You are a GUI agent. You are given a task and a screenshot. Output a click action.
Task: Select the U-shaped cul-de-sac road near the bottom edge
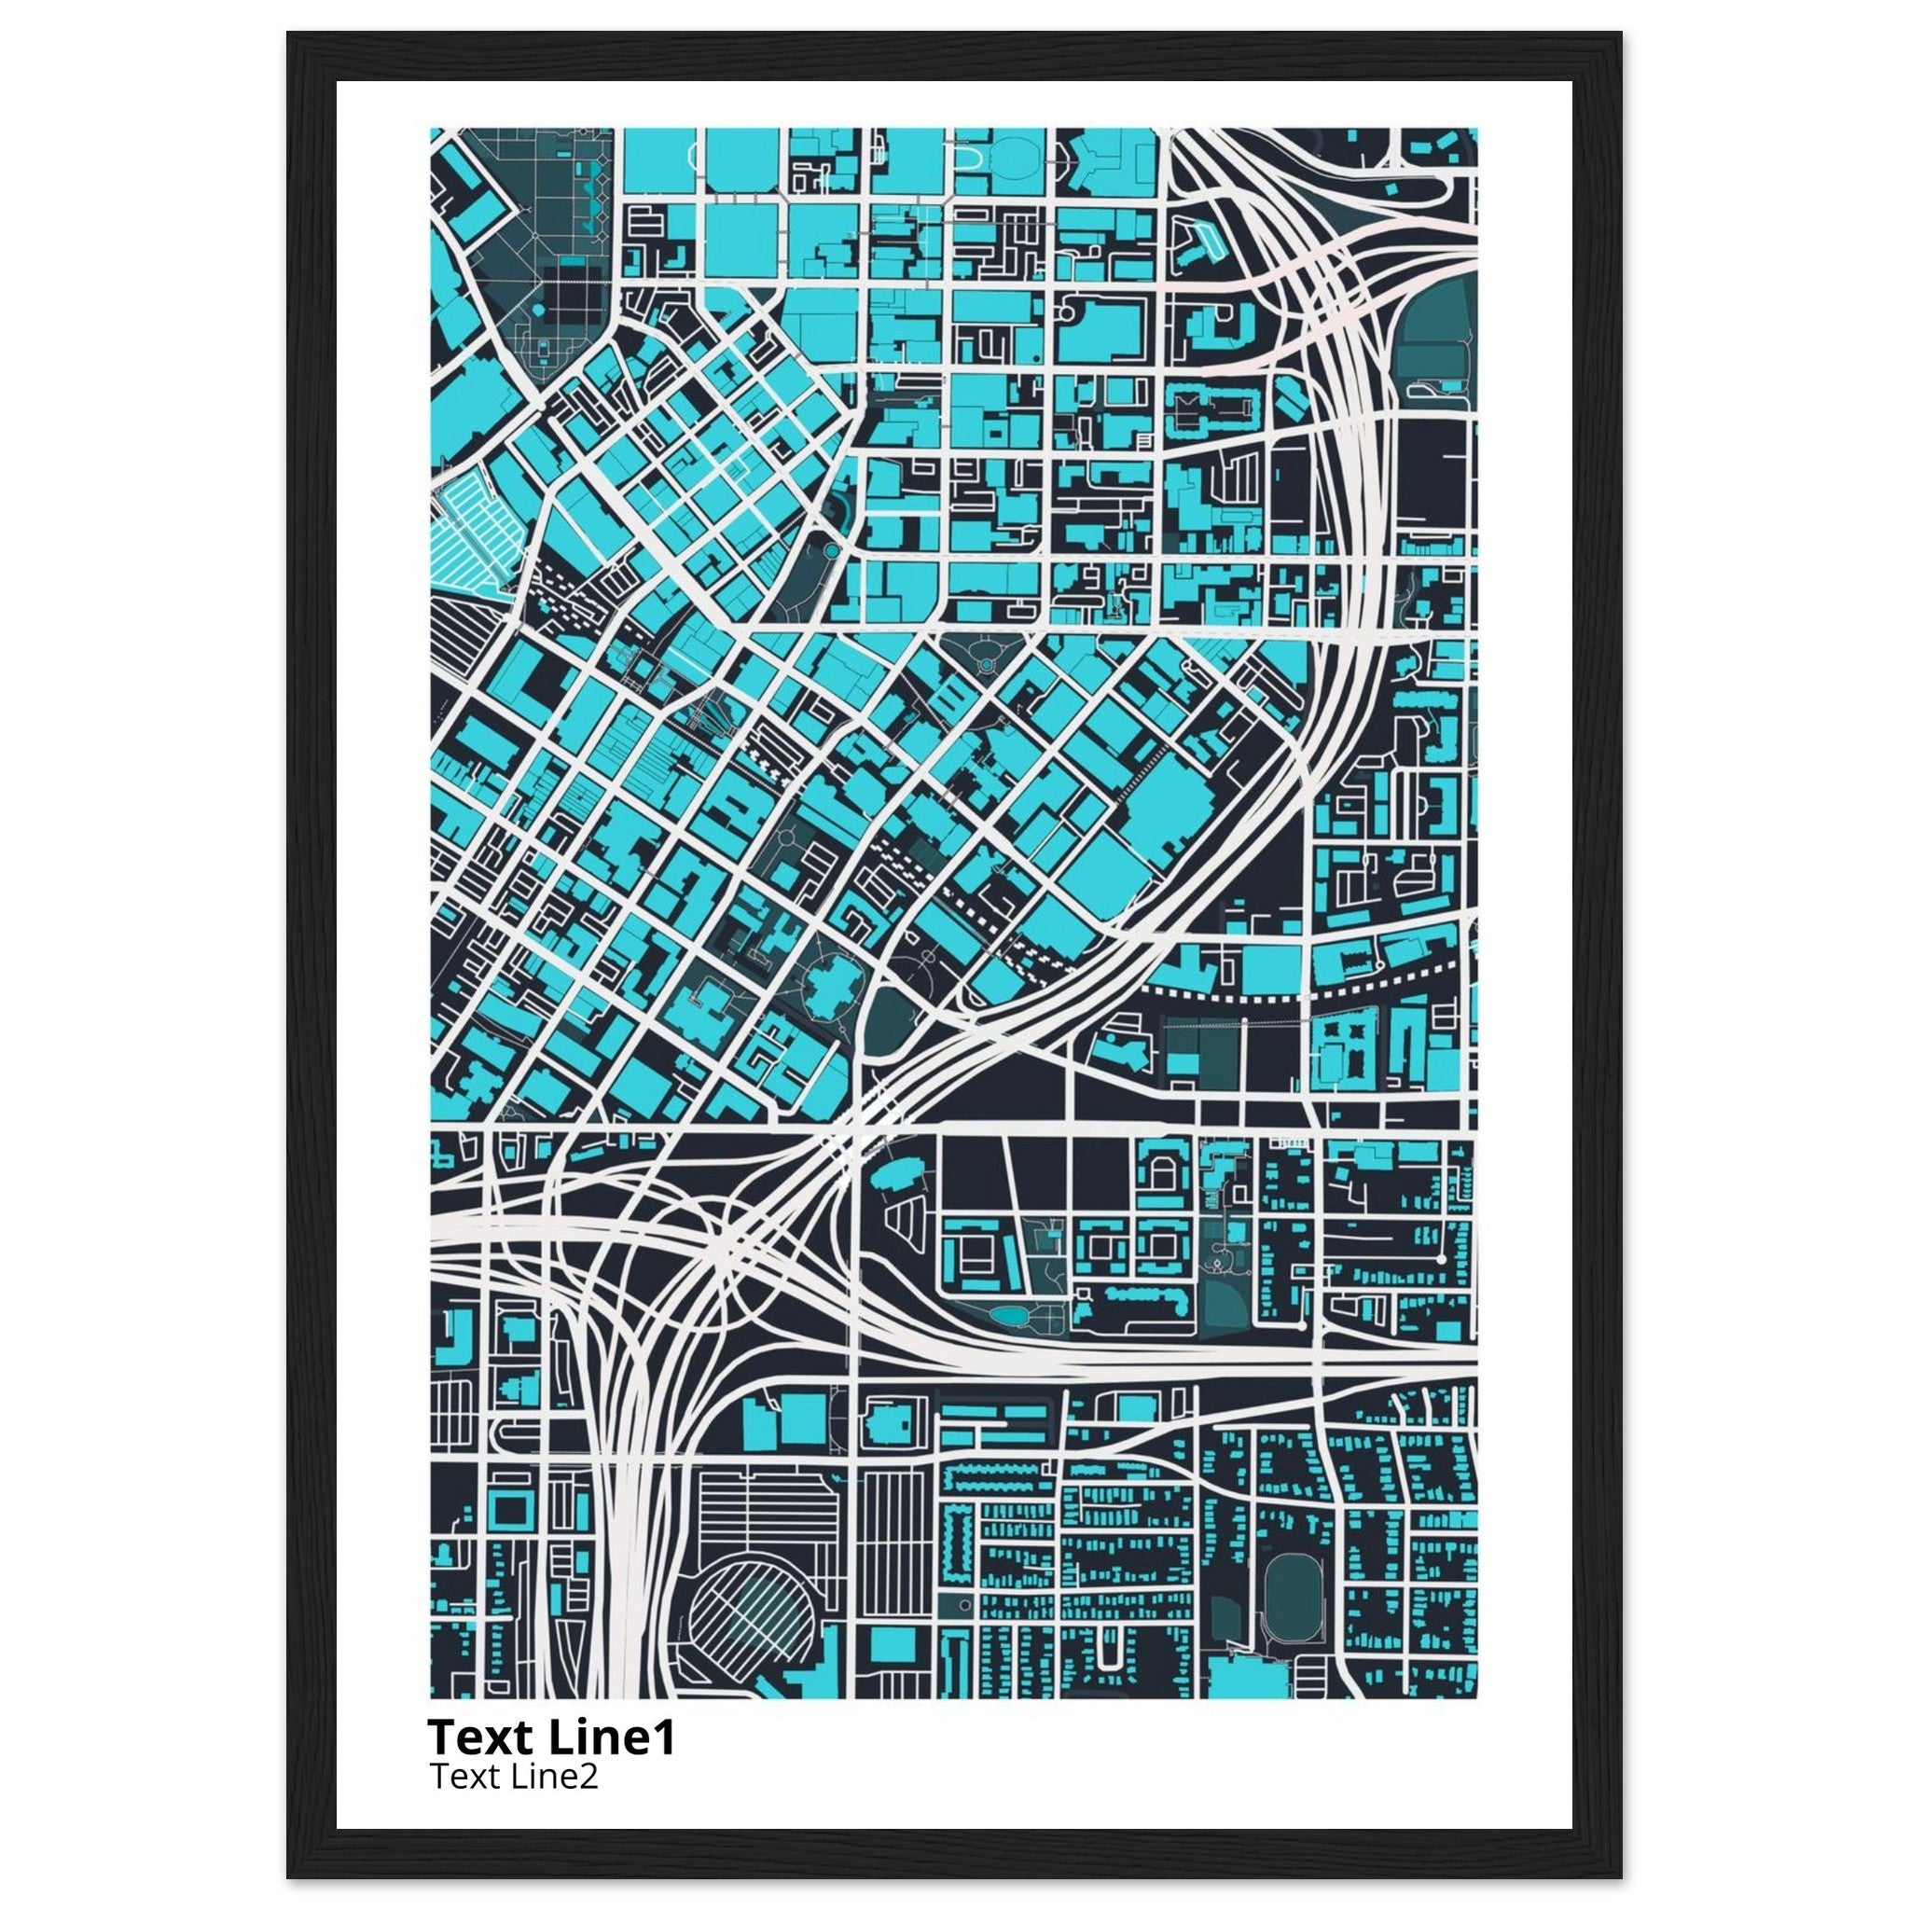pyautogui.click(x=1111, y=1650)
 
